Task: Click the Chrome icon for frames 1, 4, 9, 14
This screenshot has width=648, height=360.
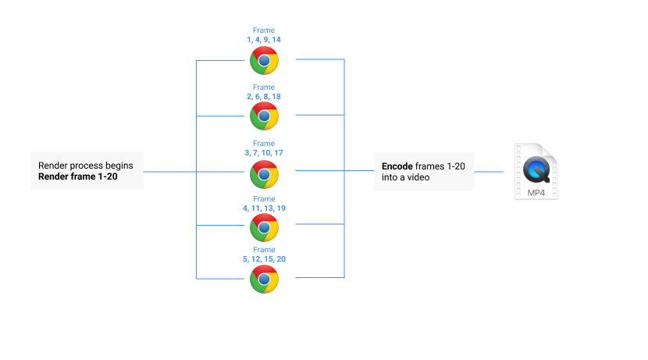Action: (264, 60)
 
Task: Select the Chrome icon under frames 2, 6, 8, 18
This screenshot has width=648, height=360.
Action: (264, 116)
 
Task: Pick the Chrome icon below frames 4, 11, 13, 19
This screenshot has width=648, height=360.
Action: (264, 226)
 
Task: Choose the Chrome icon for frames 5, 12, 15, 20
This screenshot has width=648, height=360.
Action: (264, 279)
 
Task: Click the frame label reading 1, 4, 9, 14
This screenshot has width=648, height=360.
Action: (263, 39)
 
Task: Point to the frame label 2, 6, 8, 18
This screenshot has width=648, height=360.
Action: (263, 96)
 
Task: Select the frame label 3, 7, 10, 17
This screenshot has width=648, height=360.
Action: (263, 152)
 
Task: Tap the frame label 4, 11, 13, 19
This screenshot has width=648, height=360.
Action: (263, 209)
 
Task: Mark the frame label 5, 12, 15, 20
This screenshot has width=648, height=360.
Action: (263, 258)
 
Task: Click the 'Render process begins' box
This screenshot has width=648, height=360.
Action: (87, 170)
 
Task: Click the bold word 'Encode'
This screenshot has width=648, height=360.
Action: (397, 166)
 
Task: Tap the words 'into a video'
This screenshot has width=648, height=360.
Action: (405, 178)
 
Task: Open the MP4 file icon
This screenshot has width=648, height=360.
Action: (536, 171)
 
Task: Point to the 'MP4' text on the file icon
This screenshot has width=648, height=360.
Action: (536, 191)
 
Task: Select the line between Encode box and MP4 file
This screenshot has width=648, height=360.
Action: (489, 171)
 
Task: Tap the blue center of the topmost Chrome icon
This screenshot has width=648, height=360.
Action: (264, 60)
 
